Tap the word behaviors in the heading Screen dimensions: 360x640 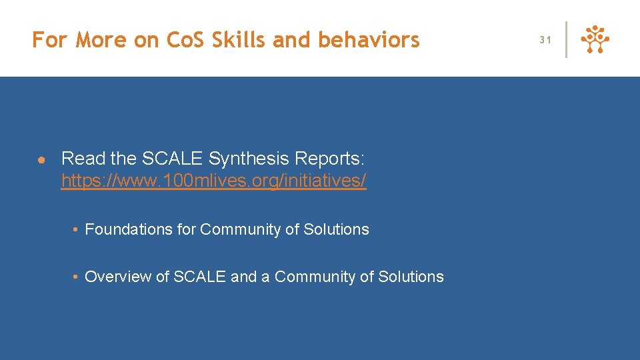[x=369, y=40]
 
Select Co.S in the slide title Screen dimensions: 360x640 [x=185, y=40]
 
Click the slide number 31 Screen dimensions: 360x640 [x=545, y=40]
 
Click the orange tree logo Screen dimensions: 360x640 [x=595, y=39]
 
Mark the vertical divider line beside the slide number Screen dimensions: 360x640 [x=567, y=39]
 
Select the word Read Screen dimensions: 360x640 [x=83, y=159]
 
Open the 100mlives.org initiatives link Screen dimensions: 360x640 [x=213, y=181]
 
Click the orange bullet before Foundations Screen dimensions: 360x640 [x=77, y=230]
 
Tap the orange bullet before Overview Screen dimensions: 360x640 [x=77, y=277]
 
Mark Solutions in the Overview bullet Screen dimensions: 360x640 [x=411, y=277]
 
